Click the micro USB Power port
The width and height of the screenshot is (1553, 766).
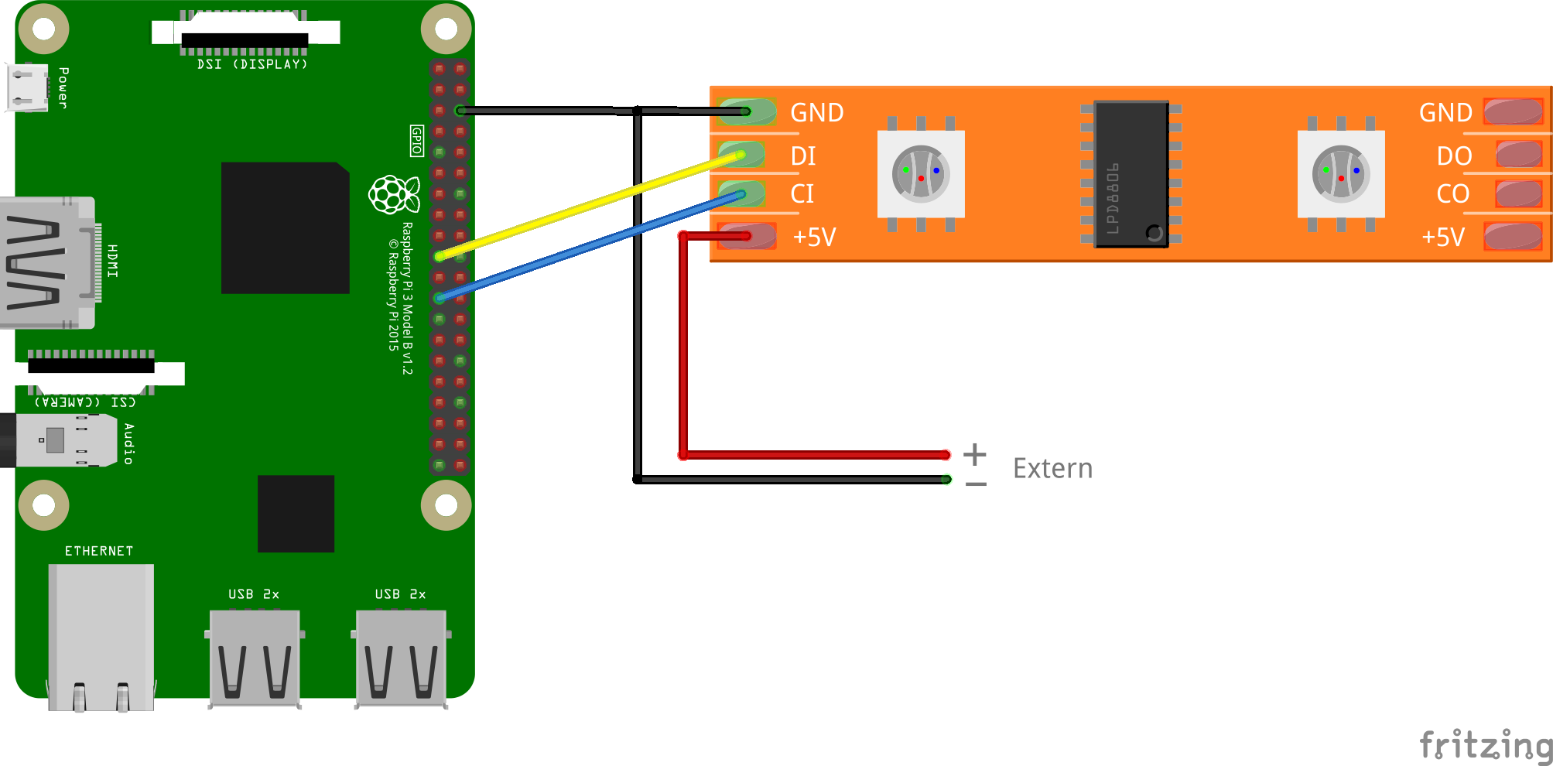27,87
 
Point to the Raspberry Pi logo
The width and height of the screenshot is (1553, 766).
394,194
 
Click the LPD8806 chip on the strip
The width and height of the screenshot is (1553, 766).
1131,174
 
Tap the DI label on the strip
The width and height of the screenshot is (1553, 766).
803,156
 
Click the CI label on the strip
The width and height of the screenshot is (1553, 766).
802,194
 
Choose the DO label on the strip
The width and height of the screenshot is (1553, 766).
1454,156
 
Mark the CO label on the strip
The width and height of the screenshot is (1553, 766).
1452,194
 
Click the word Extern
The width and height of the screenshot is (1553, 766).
1052,469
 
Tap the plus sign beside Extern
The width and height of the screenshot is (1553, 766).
975,454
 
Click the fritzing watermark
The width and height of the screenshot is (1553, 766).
1486,745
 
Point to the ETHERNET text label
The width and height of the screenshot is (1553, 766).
99,551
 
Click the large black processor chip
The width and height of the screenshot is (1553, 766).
285,227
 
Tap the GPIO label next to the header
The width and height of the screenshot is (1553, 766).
417,141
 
